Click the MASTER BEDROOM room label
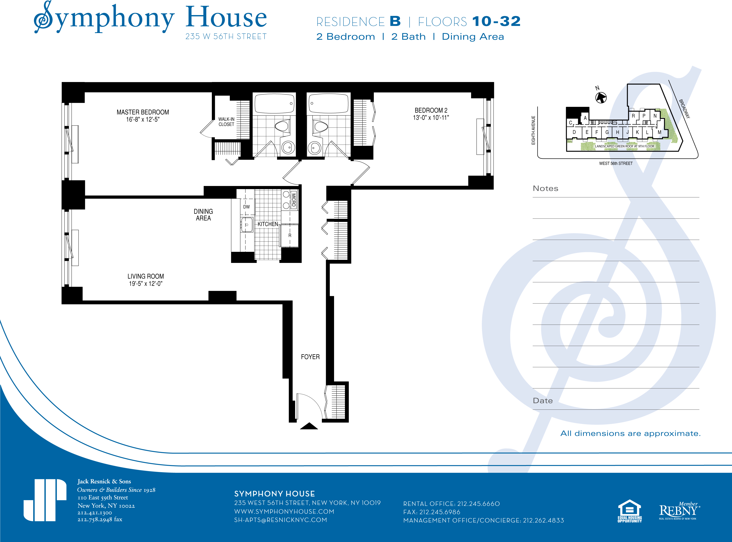[x=143, y=112]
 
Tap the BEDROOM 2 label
[x=431, y=110]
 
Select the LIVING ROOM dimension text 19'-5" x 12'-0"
[x=146, y=284]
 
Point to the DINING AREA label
[x=203, y=215]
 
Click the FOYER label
[x=310, y=357]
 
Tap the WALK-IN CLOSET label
[x=226, y=122]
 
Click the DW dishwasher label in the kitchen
[x=246, y=207]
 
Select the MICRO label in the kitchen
[x=294, y=200]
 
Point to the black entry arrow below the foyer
[x=309, y=426]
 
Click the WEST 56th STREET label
[x=616, y=163]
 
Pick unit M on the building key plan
[x=659, y=132]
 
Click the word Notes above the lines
[x=545, y=188]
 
